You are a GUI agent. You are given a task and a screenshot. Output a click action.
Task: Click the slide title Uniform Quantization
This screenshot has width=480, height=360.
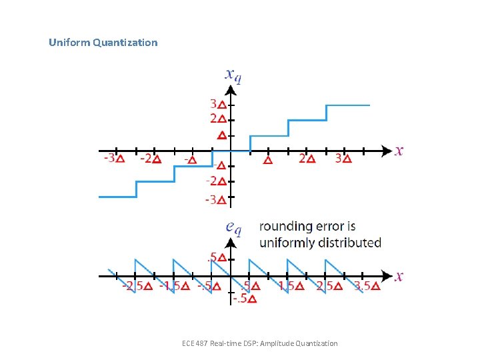103,43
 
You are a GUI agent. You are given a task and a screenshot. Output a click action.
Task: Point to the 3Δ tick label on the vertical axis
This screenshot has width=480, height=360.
218,105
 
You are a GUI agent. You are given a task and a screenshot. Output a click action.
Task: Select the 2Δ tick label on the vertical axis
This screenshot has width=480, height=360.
218,119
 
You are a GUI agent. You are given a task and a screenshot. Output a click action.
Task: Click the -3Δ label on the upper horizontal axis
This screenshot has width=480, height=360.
113,159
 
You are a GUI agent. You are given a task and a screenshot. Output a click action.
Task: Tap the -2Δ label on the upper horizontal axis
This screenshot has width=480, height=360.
150,159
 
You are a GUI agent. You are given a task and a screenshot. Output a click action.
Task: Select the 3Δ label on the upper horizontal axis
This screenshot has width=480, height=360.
343,159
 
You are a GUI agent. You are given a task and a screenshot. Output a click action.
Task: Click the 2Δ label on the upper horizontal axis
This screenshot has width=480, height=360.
306,159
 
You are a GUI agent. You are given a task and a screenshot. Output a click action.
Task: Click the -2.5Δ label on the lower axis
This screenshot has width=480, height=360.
137,286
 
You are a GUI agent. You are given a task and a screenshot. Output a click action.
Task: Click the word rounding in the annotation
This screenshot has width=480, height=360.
285,227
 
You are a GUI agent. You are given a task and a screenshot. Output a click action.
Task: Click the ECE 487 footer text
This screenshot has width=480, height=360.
259,343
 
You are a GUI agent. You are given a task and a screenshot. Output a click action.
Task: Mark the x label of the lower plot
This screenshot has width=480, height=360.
399,275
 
